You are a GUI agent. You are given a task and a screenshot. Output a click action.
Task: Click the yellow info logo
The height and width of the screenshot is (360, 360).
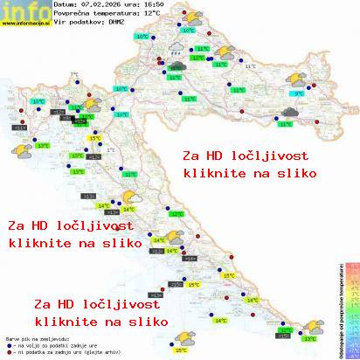click(24, 10)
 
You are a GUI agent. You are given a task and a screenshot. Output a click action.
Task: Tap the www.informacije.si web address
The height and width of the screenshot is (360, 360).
click(24, 24)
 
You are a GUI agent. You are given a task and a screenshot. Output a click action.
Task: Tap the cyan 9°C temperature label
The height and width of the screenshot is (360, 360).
click(298, 93)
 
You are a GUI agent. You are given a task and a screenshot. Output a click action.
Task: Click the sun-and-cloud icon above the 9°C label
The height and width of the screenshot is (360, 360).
click(305, 80)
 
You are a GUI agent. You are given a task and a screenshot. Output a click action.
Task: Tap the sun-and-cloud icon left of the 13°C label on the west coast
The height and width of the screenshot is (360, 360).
click(17, 149)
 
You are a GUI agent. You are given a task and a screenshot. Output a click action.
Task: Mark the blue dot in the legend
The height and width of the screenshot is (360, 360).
click(8, 343)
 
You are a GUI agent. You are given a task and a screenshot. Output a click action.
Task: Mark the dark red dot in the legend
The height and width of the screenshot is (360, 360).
click(8, 350)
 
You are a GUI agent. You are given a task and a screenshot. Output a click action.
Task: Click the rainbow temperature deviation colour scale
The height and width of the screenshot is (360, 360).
click(352, 306)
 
